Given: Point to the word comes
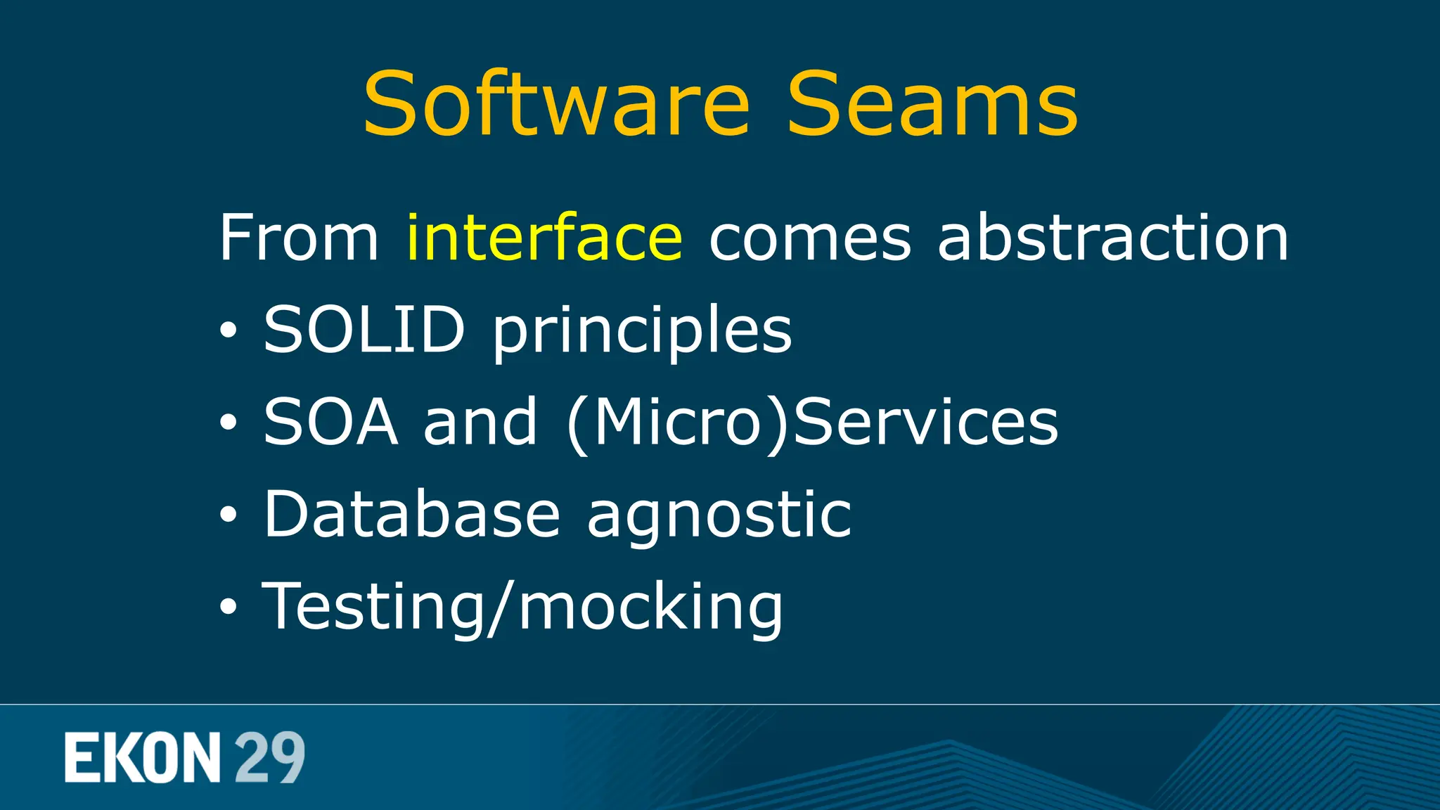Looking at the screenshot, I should [x=810, y=239].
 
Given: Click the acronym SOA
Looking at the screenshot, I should [x=330, y=421].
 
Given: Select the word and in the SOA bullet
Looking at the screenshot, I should [x=480, y=421].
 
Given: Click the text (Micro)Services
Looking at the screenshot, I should [x=813, y=423].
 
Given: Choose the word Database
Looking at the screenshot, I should [x=412, y=514].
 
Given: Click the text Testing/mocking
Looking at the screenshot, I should [x=522, y=607].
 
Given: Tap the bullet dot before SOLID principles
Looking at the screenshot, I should [x=228, y=330].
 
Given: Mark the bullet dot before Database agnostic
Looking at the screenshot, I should [x=228, y=515].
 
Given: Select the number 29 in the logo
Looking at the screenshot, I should [x=269, y=757].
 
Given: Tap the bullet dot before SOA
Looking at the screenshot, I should [x=228, y=423].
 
